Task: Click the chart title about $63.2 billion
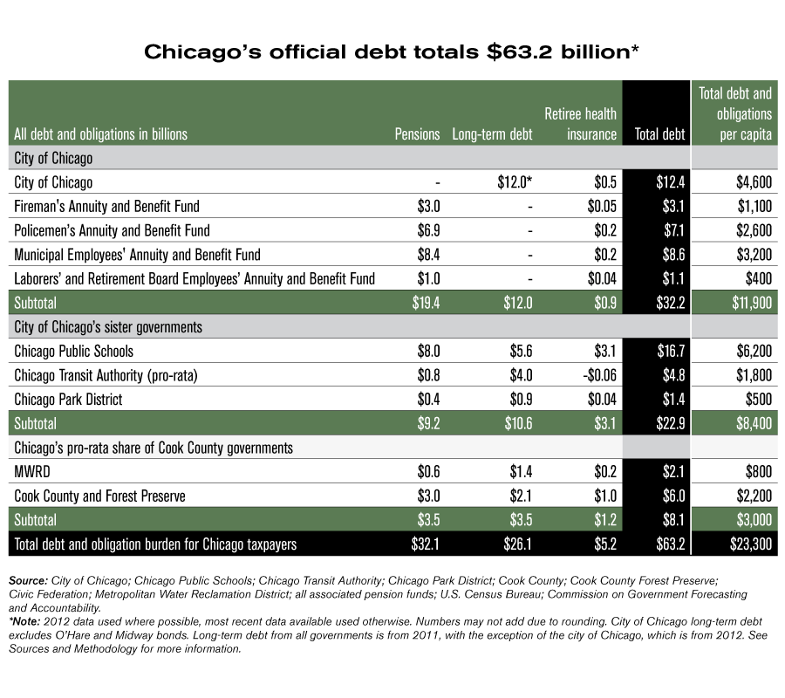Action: (392, 52)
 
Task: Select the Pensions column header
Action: (417, 134)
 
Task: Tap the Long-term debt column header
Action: (492, 134)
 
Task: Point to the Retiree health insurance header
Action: (580, 124)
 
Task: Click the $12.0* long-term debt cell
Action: (512, 182)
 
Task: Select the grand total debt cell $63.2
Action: (669, 544)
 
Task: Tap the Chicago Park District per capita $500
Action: (755, 400)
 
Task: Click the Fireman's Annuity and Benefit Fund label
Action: (107, 206)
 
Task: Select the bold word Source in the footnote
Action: (29, 579)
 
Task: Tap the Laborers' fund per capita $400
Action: (755, 279)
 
